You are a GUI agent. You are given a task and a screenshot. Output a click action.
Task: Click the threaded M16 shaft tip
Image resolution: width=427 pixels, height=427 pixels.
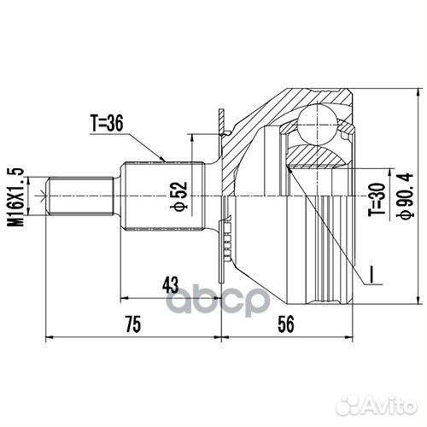tap(82, 196)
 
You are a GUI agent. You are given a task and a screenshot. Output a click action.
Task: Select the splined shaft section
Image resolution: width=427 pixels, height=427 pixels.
tap(162, 196)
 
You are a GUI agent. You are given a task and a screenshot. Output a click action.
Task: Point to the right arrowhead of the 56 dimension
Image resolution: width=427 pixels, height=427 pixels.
tap(351, 336)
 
